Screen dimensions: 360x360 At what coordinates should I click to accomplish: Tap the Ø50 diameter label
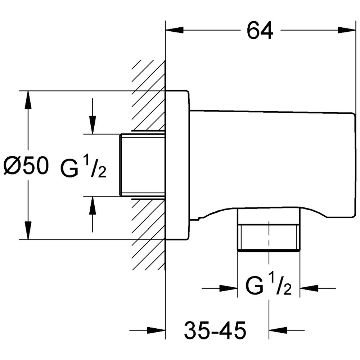click(26, 167)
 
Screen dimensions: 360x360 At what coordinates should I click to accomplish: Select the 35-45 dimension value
click(215, 330)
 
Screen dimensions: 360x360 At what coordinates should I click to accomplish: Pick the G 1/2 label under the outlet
click(268, 287)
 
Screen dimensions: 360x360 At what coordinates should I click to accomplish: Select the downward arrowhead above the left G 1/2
click(93, 125)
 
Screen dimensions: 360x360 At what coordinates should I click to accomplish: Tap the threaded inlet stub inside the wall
click(142, 165)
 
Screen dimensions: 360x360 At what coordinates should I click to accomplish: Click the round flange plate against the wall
click(177, 165)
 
